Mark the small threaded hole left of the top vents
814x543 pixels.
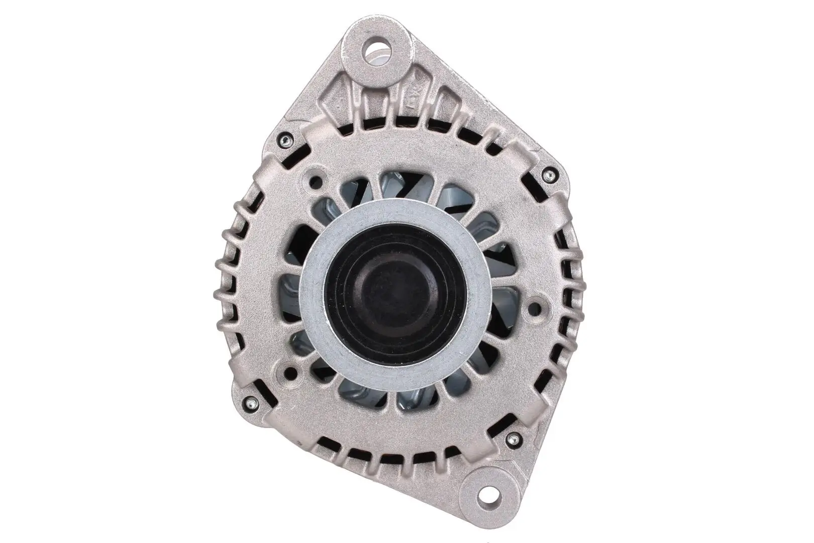point(316,180)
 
